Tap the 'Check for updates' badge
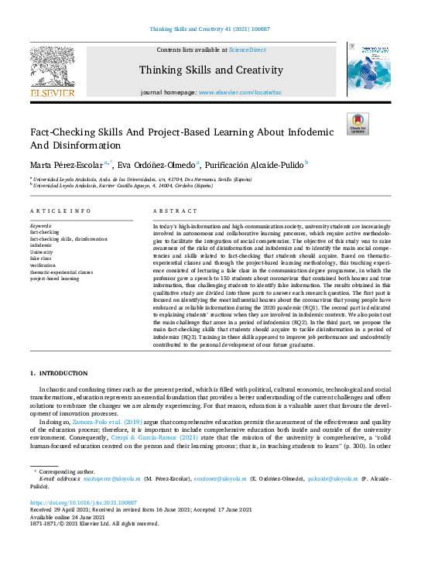click(x=358, y=124)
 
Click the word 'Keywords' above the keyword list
click(x=43, y=225)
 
